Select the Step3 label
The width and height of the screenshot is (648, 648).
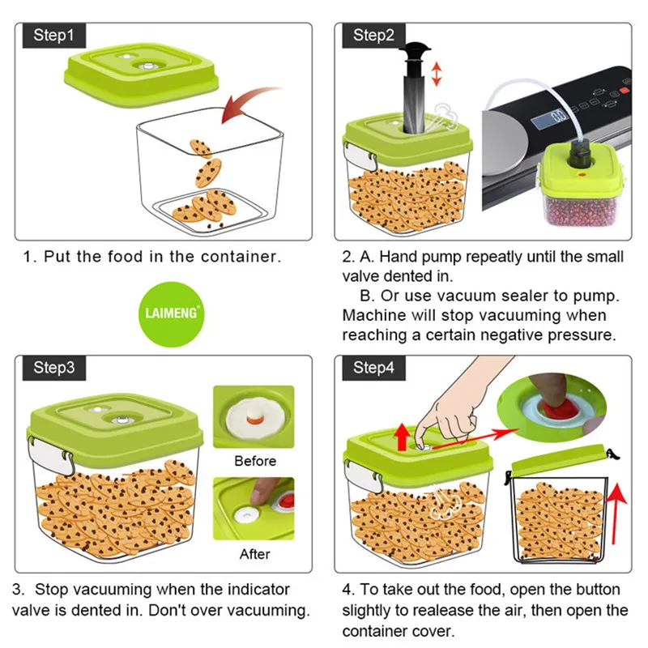tap(53, 367)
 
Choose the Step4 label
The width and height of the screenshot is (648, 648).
tap(373, 367)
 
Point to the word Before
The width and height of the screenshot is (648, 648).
tap(254, 461)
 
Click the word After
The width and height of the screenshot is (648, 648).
tap(254, 555)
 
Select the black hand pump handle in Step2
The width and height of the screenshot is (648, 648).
tap(416, 50)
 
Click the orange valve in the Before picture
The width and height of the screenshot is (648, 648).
tap(253, 418)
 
